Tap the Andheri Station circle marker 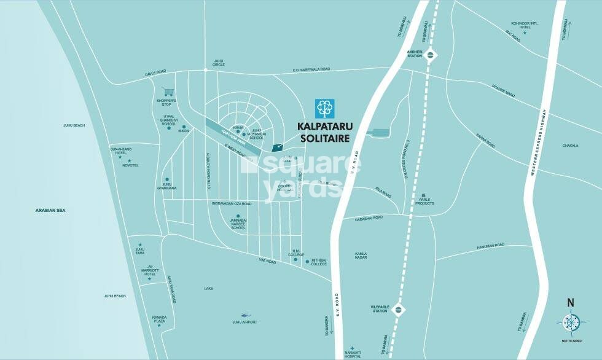pyautogui.click(x=433, y=55)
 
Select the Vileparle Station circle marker pyautogui.click(x=399, y=308)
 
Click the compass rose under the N pyautogui.click(x=571, y=323)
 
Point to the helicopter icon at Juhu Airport pyautogui.click(x=244, y=315)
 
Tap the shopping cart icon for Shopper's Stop pyautogui.click(x=166, y=92)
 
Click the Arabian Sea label pyautogui.click(x=50, y=211)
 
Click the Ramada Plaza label pyautogui.click(x=160, y=318)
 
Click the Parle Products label pyautogui.click(x=424, y=201)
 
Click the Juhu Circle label pyautogui.click(x=219, y=63)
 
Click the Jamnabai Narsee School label pyautogui.click(x=238, y=223)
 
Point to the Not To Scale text pyautogui.click(x=571, y=340)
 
